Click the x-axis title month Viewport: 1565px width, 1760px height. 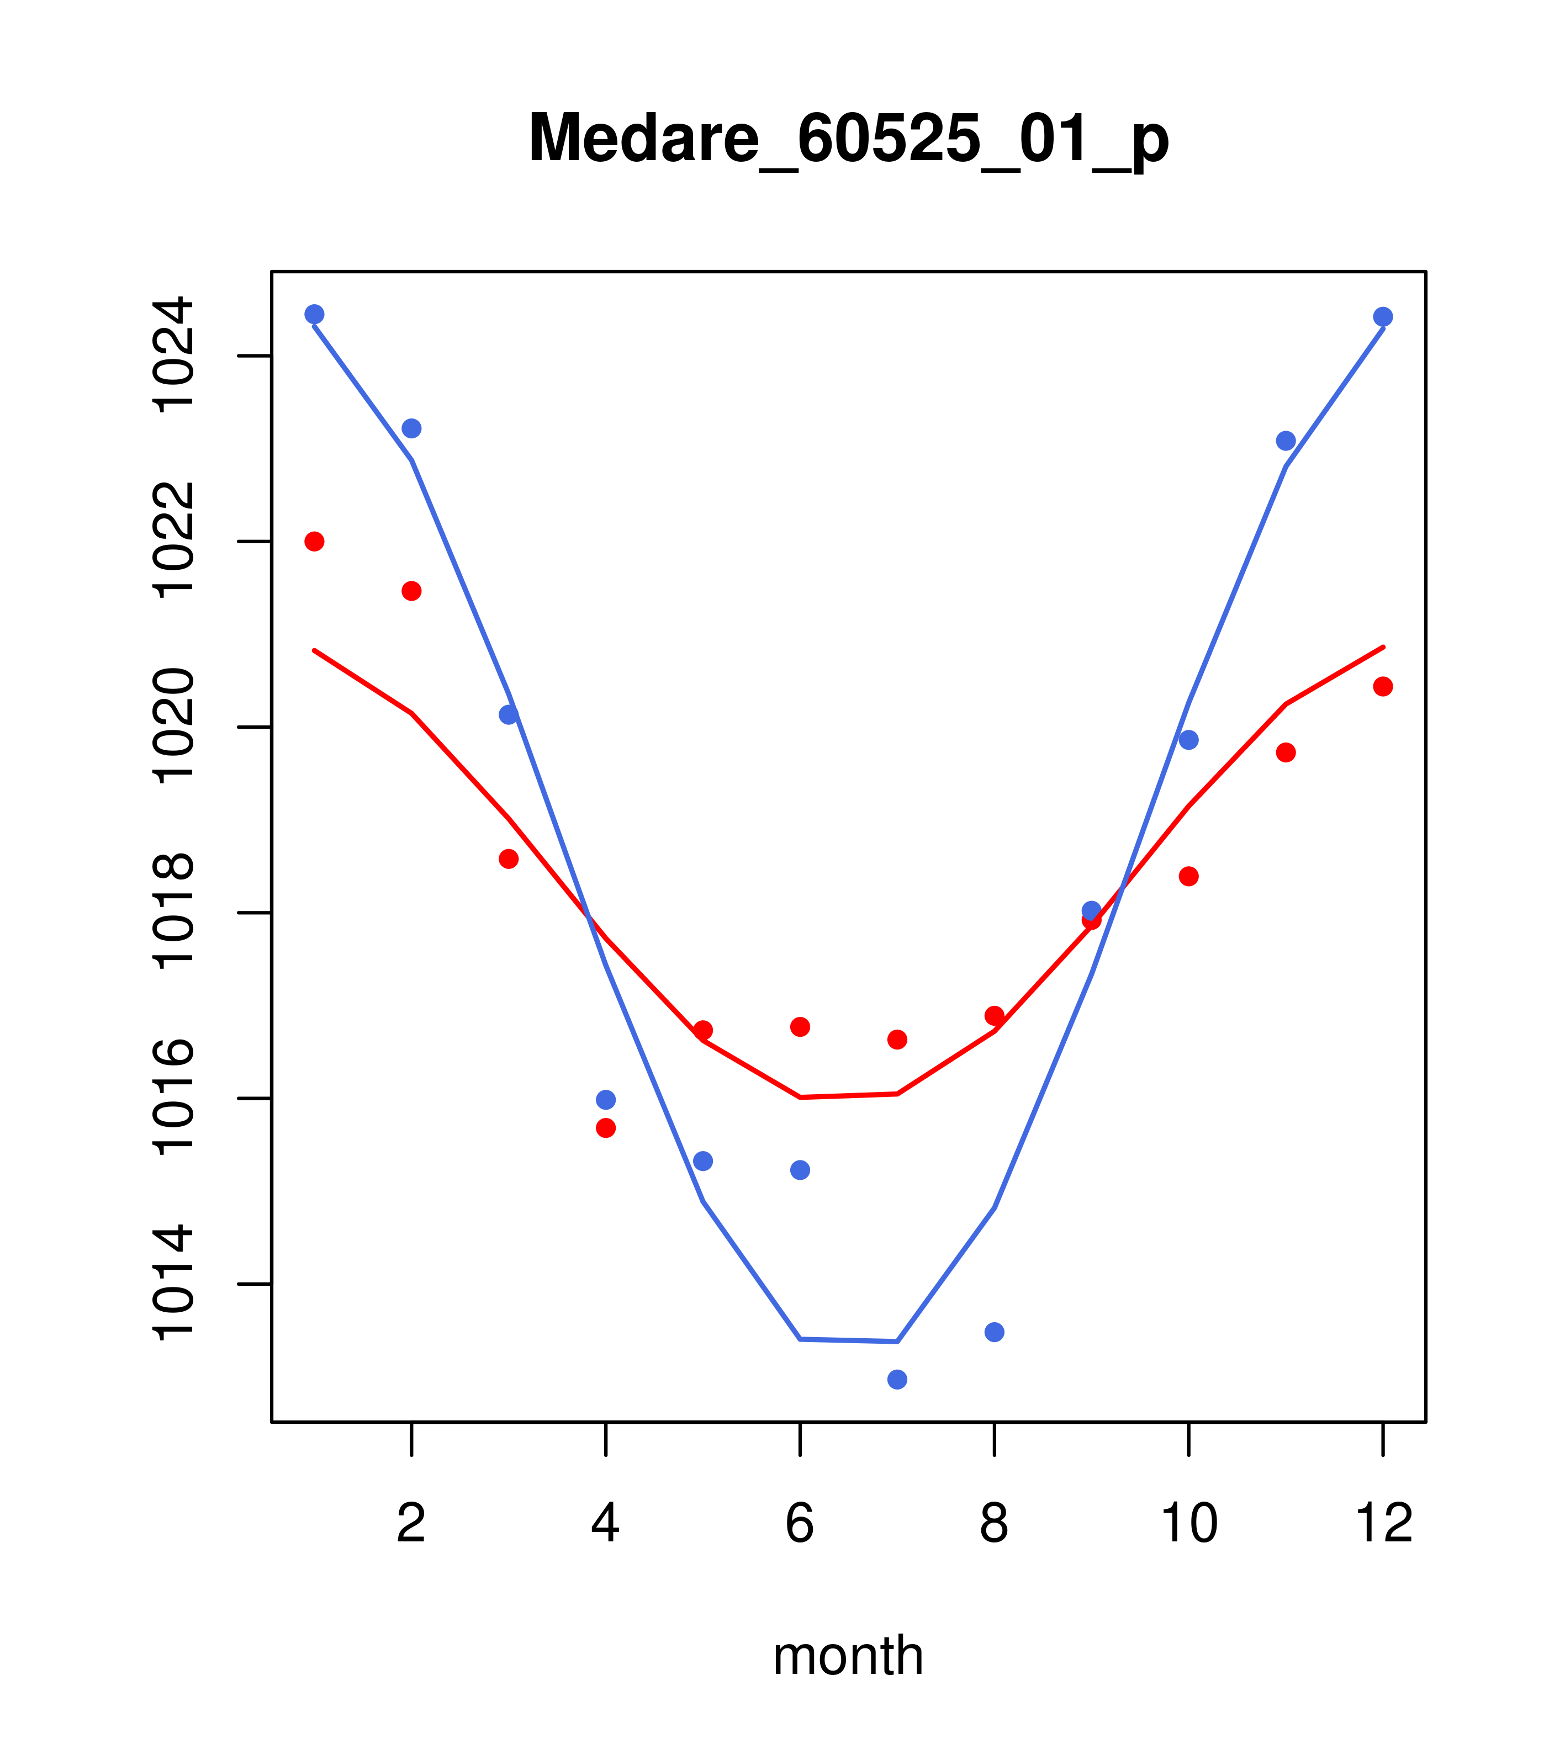[x=848, y=1655]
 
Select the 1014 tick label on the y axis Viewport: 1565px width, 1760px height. [x=172, y=1283]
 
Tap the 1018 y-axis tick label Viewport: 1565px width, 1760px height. [x=172, y=912]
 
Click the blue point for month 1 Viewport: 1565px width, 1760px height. [x=314, y=314]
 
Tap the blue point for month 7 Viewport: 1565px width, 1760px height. [x=897, y=1380]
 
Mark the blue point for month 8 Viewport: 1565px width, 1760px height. [x=994, y=1332]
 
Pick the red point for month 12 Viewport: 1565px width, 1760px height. [x=1382, y=686]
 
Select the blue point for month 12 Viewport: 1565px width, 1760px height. [x=1382, y=317]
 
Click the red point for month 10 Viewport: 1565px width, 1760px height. [x=1188, y=877]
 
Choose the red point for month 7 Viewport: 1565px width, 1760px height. [x=897, y=1040]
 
